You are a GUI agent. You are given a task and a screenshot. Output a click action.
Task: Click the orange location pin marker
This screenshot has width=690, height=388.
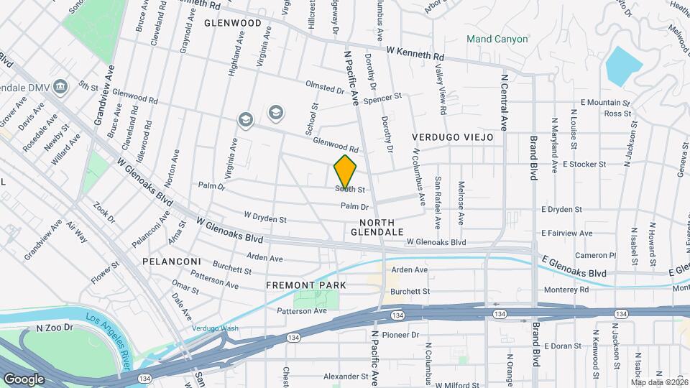click(346, 171)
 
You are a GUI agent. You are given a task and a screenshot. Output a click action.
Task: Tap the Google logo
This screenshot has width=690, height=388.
click(24, 379)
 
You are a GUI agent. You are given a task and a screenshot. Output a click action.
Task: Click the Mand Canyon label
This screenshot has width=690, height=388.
click(497, 39)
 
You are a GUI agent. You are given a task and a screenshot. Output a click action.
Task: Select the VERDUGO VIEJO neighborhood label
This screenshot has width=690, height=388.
click(453, 137)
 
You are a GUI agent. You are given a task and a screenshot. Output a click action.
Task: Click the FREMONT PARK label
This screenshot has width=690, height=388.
click(306, 285)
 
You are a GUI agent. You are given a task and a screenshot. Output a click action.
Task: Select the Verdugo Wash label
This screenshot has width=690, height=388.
click(215, 329)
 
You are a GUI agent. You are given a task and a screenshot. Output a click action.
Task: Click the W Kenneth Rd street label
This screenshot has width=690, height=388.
click(415, 52)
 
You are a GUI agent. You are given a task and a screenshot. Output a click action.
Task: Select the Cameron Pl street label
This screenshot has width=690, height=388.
click(596, 255)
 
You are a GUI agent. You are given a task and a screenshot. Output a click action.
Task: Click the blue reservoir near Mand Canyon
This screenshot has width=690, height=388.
click(623, 65)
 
